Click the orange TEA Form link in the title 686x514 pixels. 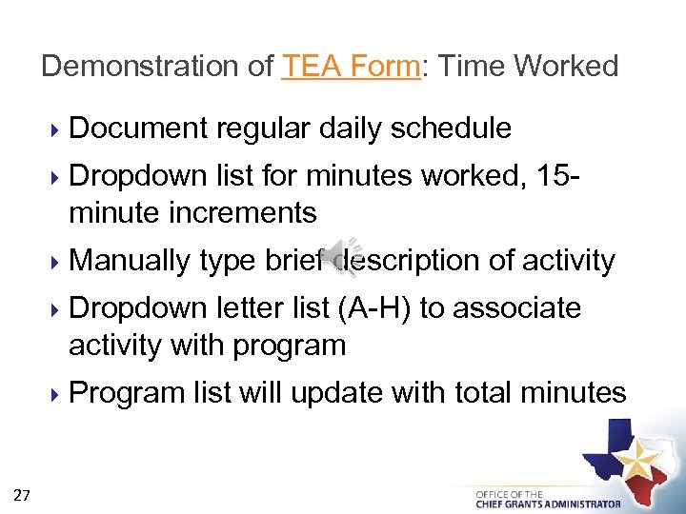351,66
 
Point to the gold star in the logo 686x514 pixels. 637,462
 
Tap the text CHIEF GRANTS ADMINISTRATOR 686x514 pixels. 548,504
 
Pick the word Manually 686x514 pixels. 130,260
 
